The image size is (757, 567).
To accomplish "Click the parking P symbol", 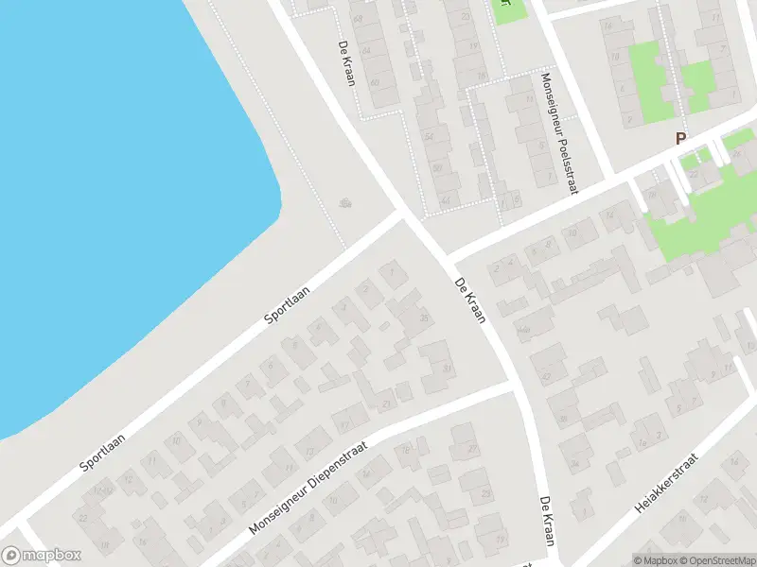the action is tap(679, 138).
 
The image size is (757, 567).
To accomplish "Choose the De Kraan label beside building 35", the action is tap(470, 301).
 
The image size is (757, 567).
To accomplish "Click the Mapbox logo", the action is tap(42, 556).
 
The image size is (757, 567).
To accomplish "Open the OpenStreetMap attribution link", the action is tap(714, 560).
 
